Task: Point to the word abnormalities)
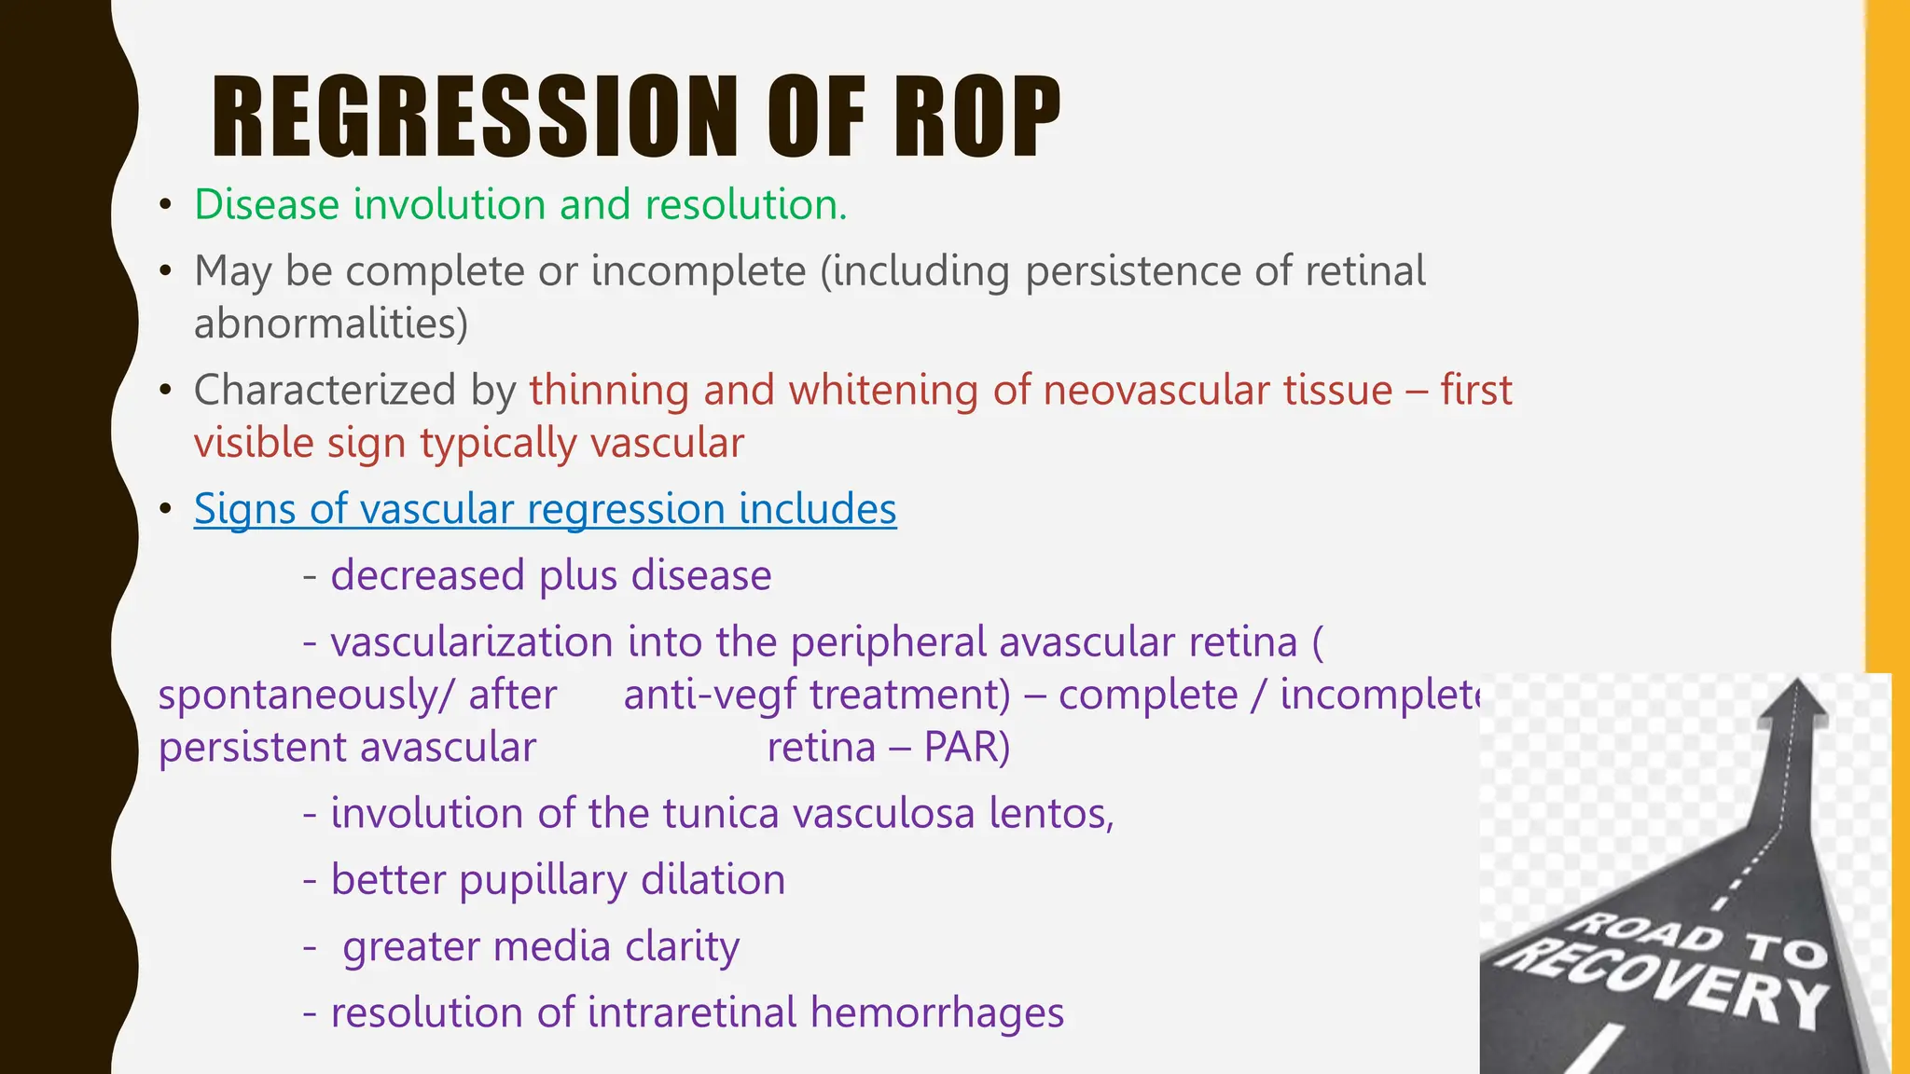pyautogui.click(x=331, y=324)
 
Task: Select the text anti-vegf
pyautogui.click(x=708, y=695)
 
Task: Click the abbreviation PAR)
pyautogui.click(x=966, y=748)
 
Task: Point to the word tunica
pyautogui.click(x=720, y=813)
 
